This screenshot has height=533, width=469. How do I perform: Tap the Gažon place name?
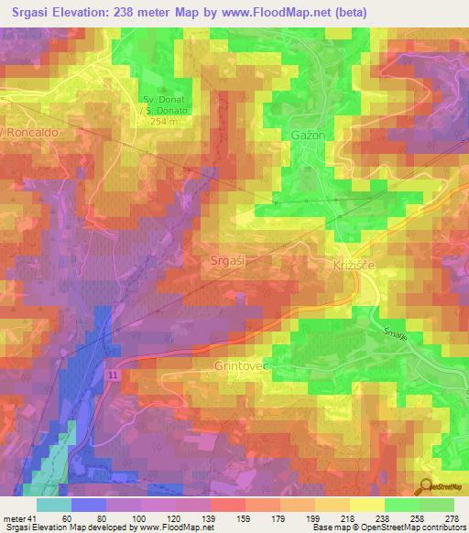[308, 135]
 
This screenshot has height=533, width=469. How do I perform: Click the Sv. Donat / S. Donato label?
[165, 104]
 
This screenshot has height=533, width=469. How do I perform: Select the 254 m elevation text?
[165, 121]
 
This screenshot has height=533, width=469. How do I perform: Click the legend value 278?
[453, 518]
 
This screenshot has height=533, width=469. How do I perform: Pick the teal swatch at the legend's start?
[53, 505]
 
